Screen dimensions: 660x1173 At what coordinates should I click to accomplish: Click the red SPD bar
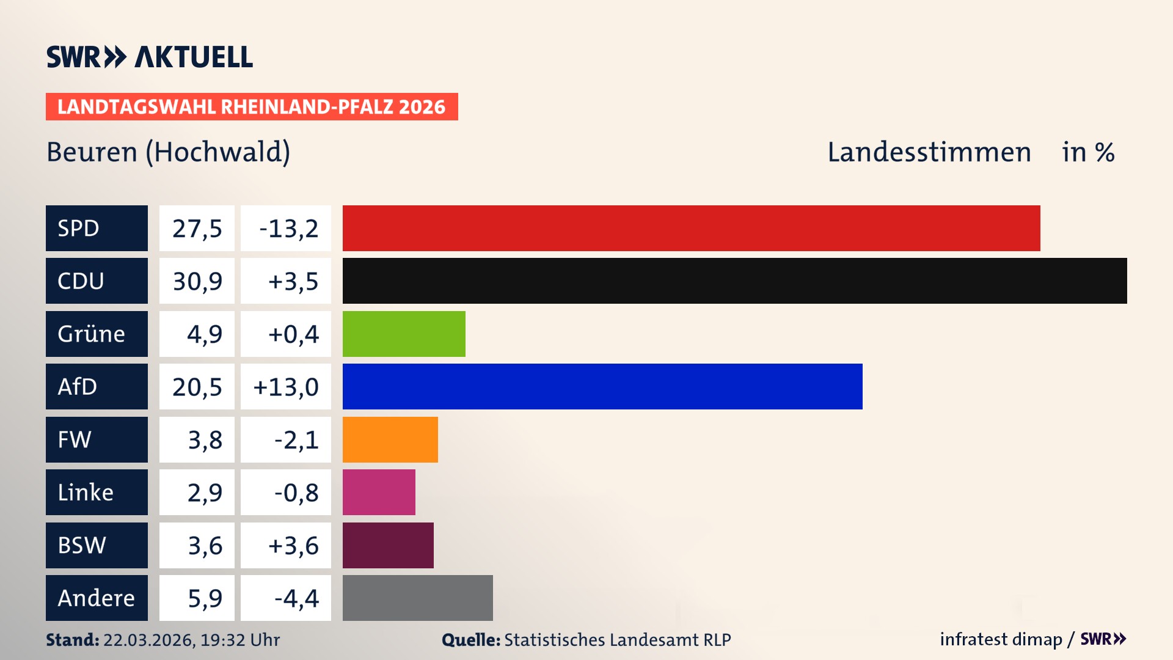[x=690, y=228]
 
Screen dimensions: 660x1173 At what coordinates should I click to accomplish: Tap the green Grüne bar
[x=403, y=334]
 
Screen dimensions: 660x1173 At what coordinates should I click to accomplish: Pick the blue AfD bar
[x=602, y=386]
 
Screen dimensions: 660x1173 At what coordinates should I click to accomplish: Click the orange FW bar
[x=390, y=439]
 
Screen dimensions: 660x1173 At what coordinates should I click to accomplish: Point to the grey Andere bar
[x=417, y=598]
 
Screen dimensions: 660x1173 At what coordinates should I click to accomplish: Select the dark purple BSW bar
[x=388, y=545]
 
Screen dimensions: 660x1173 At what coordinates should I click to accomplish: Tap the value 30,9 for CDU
[x=197, y=281]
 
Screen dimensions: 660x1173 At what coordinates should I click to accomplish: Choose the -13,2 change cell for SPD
[x=286, y=229]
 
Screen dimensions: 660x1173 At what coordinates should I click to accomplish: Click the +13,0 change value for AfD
[x=286, y=387]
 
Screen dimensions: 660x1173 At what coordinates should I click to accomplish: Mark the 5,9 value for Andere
[x=204, y=598]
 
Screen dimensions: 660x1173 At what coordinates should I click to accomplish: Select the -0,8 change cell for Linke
[x=296, y=493]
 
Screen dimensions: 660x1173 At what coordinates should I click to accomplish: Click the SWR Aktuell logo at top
[x=149, y=57]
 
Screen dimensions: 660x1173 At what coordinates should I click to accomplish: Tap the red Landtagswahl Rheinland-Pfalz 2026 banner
[x=251, y=107]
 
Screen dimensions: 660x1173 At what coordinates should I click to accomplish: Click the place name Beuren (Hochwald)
[x=168, y=152]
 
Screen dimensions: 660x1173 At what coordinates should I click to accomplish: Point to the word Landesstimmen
[x=929, y=152]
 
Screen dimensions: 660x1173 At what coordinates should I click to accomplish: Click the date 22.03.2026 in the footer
[x=148, y=640]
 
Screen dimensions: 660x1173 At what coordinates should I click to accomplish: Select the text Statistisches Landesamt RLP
[x=617, y=640]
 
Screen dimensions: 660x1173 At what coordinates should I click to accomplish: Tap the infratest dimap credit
[x=1000, y=639]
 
